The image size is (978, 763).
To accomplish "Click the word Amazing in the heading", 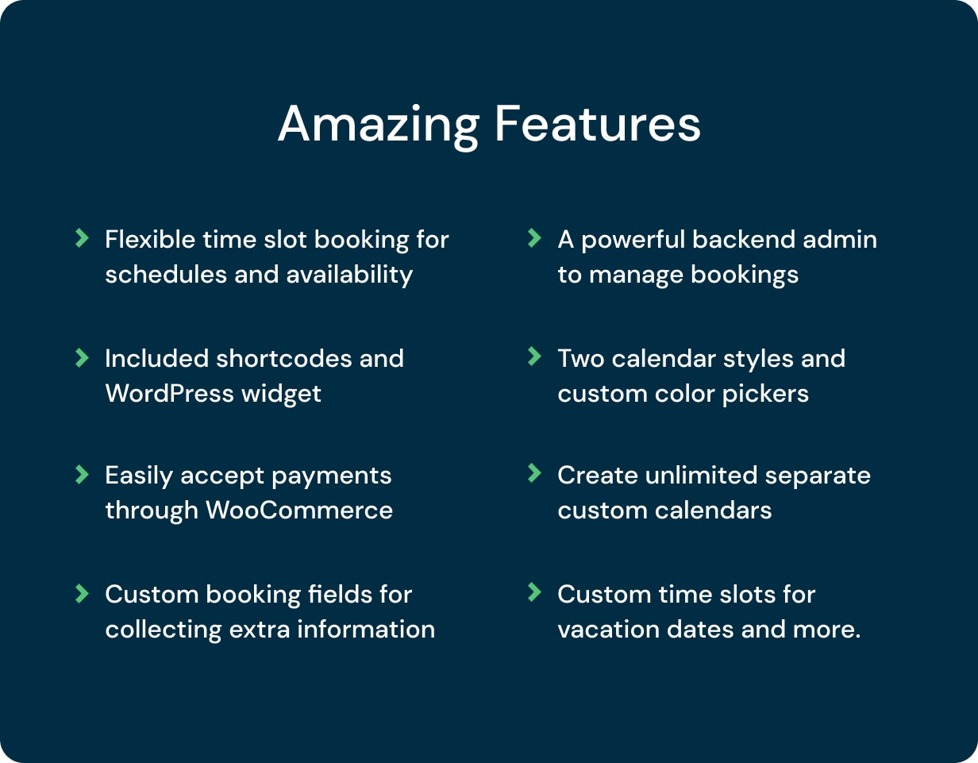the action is point(379,127).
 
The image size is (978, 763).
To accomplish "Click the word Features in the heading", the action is point(598,123).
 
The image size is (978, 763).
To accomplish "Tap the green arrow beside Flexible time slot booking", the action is point(82,237).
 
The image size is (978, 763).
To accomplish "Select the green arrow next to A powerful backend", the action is point(534,237).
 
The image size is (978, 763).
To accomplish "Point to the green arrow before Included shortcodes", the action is point(82,358).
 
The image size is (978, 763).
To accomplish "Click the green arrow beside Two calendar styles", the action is point(534,356).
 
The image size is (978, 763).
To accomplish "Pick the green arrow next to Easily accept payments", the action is point(82,475).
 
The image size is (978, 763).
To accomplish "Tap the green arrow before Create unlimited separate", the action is point(534,473).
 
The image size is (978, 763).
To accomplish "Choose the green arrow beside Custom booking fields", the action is point(82,593).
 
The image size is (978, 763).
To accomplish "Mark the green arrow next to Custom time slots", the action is point(534,592).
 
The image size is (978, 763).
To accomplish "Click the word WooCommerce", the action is point(299,511).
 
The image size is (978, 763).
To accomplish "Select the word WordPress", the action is point(170,394).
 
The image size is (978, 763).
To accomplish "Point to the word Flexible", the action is point(150,239).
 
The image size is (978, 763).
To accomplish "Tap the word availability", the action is point(349,275).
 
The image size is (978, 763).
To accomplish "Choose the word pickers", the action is point(765,395).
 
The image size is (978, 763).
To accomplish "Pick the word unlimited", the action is point(701,476).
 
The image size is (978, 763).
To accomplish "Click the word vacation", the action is point(609,630).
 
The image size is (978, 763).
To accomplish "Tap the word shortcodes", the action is point(284,359).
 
